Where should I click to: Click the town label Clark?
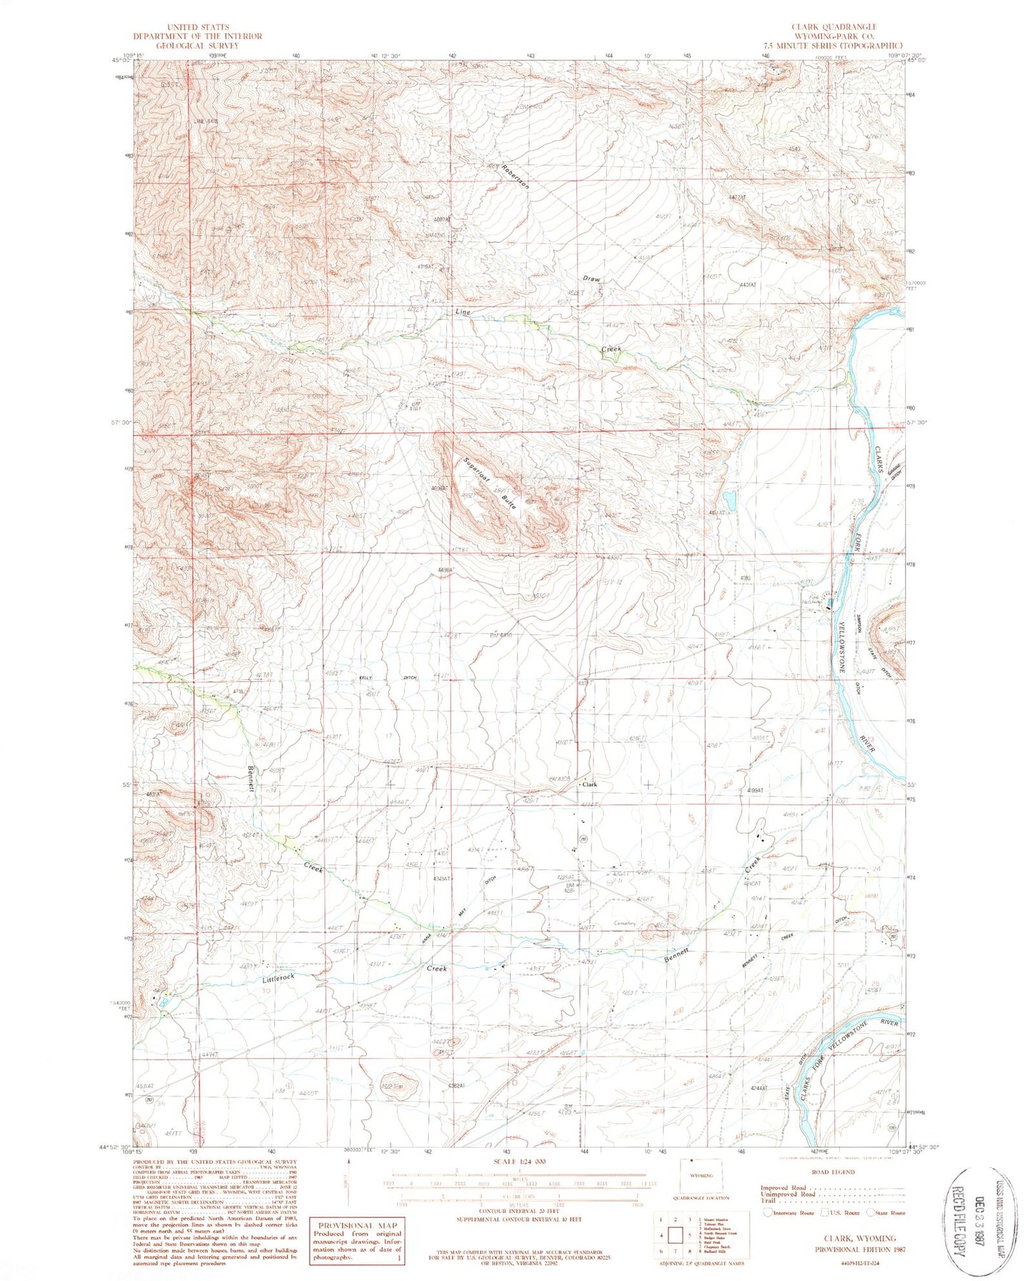(590, 784)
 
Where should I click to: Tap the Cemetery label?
(624, 923)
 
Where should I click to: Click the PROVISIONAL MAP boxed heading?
(356, 1225)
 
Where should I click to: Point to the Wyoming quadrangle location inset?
(701, 1174)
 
